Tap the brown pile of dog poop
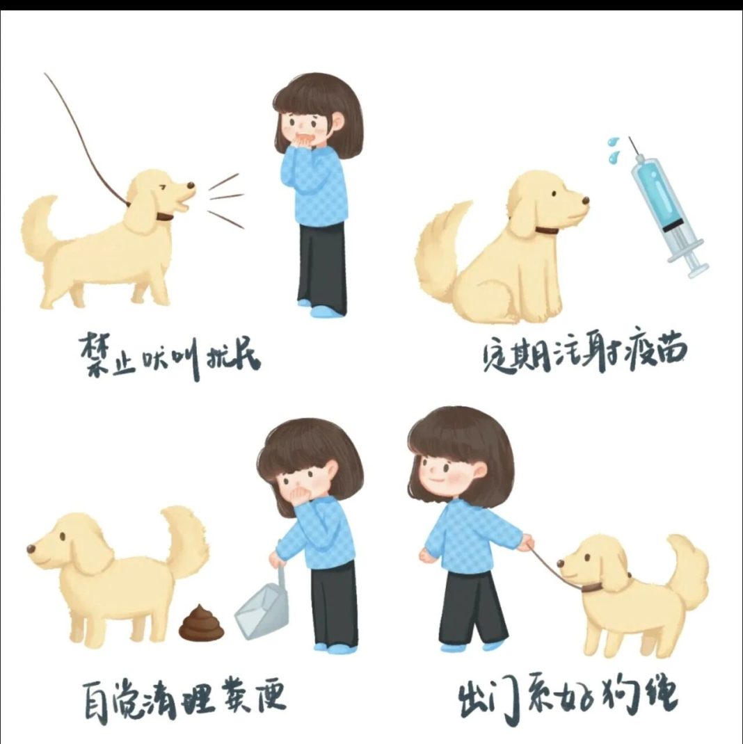(202, 624)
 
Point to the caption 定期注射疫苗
(584, 356)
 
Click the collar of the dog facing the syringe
(546, 229)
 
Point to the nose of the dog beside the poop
(31, 549)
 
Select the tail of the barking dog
(38, 229)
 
